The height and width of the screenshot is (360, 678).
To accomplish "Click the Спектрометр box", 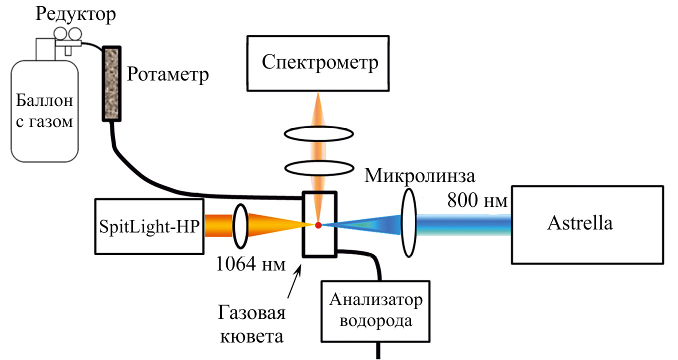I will click(x=318, y=63).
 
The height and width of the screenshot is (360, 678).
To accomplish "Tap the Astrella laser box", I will click(x=587, y=224).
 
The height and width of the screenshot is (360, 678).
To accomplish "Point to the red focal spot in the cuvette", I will click(x=318, y=224).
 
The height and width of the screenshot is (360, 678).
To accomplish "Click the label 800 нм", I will click(x=477, y=201).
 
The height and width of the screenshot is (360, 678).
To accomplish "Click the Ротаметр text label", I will click(x=167, y=74).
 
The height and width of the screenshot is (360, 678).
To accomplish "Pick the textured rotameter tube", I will click(x=111, y=83).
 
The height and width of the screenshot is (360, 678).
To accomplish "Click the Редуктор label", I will click(x=75, y=14).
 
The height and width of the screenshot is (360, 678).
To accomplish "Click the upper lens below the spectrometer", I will click(x=318, y=134).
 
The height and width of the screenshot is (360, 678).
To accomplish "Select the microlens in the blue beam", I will click(x=408, y=223).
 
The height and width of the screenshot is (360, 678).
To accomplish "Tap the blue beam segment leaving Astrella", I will click(x=462, y=223).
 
